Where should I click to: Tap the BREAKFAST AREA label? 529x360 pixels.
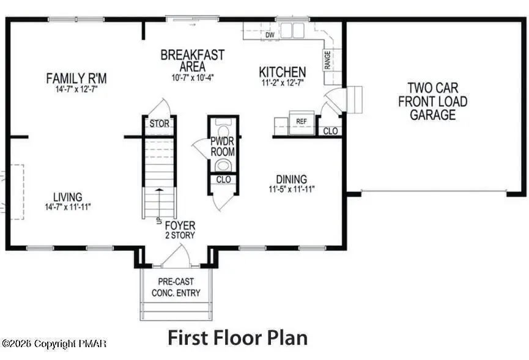point(192,60)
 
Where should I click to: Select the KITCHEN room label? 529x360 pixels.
point(282,72)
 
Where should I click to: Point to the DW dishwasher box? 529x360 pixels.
point(270,35)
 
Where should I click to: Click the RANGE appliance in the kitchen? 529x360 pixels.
point(327,59)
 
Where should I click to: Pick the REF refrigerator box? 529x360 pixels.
point(301,122)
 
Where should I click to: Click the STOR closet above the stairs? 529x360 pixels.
point(159,124)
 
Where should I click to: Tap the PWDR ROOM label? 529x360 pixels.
point(223,147)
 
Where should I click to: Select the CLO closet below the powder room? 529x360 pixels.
point(223,180)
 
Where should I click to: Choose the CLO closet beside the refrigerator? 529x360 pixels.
point(330,131)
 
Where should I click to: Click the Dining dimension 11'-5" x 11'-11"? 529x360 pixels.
point(296,188)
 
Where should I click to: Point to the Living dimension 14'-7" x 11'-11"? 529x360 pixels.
point(67,207)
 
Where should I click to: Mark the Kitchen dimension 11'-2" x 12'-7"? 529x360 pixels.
point(282,83)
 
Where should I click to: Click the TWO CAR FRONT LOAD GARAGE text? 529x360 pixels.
point(432,101)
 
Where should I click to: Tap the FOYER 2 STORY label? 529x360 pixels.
point(180,230)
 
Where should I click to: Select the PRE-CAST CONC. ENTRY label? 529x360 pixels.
point(176,287)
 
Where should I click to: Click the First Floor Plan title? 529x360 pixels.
point(237,337)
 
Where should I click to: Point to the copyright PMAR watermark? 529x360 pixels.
point(53,344)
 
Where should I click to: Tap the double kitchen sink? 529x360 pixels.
point(292,31)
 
